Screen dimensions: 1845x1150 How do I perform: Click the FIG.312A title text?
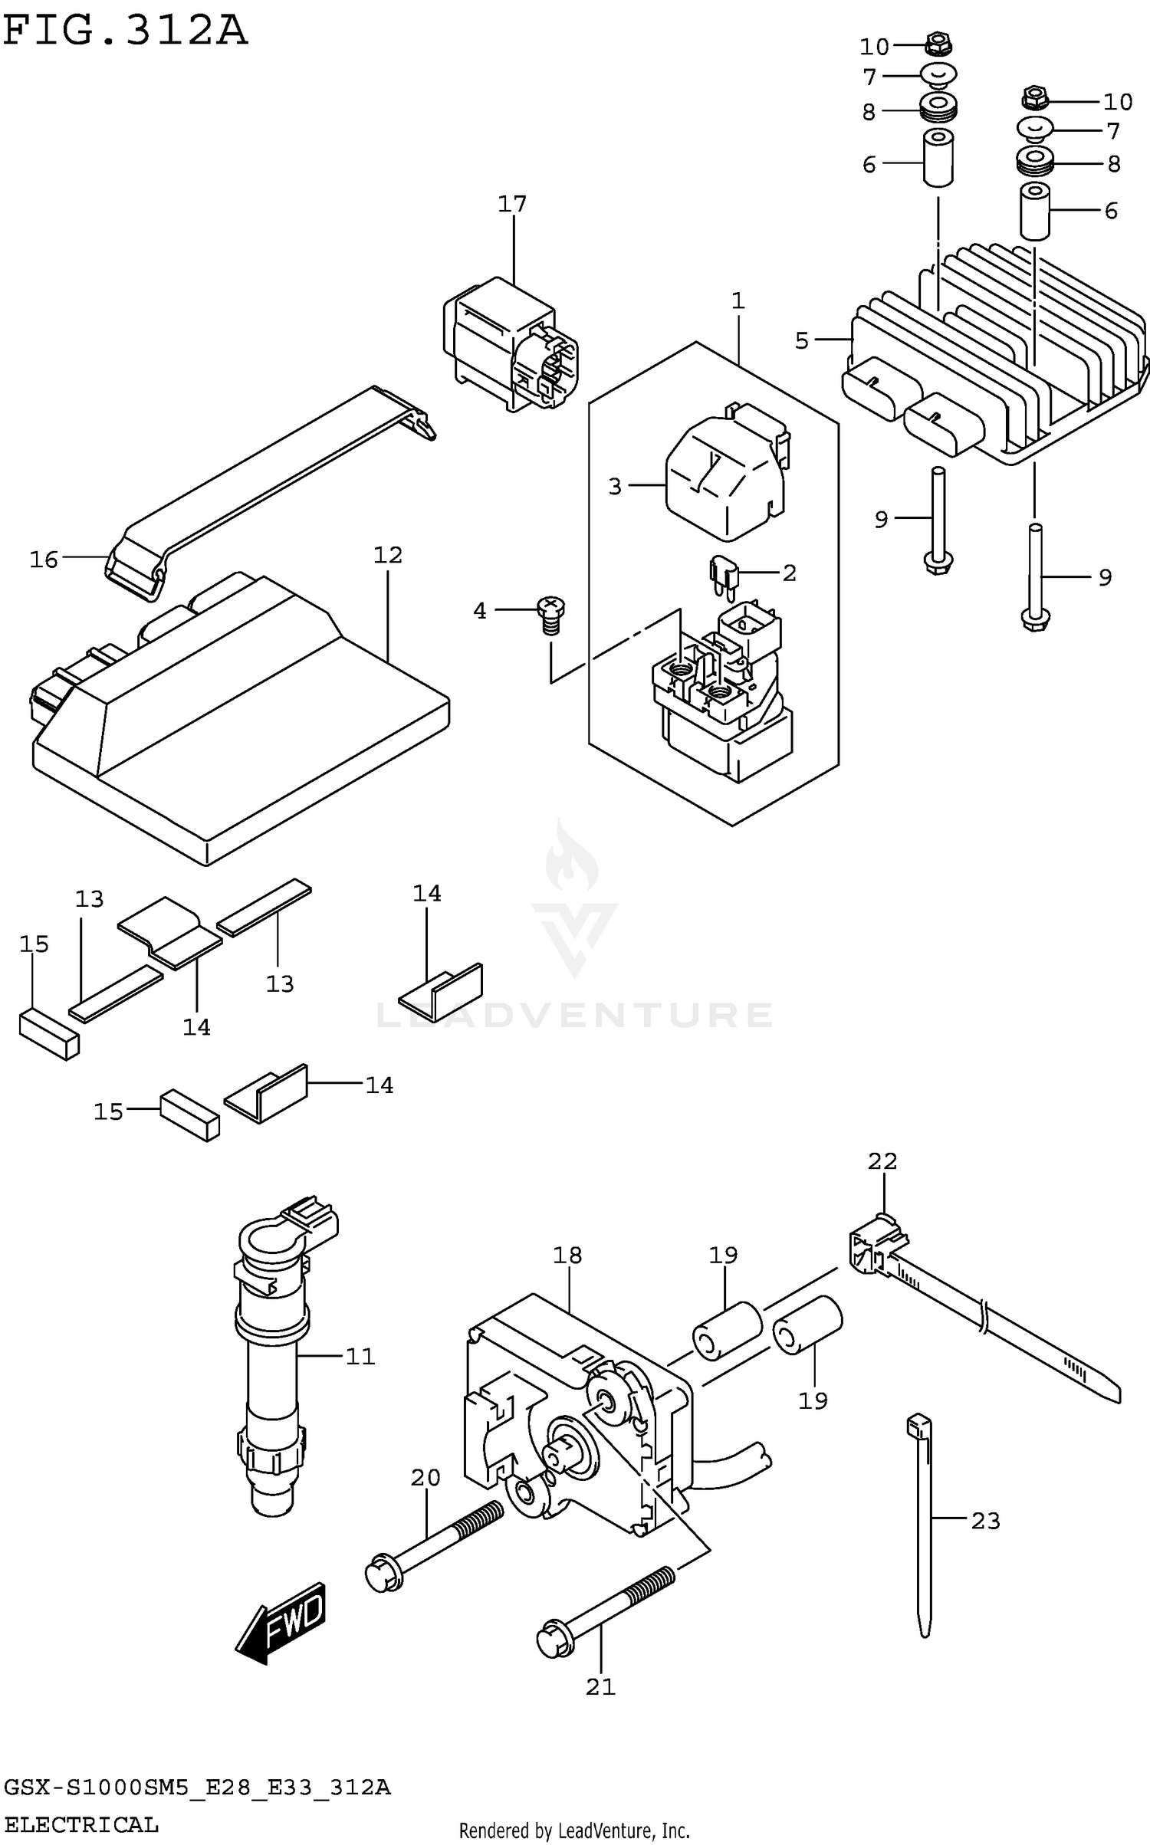click(125, 31)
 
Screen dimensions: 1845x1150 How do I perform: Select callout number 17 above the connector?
click(512, 204)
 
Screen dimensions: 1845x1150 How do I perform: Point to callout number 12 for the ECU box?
click(388, 555)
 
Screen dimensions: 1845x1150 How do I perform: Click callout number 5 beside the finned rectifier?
click(802, 340)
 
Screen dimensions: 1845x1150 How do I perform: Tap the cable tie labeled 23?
click(922, 1525)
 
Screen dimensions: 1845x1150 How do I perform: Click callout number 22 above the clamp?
click(882, 1161)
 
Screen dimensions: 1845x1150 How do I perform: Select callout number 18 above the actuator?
click(567, 1256)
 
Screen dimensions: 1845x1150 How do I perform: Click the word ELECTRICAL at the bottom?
click(81, 1824)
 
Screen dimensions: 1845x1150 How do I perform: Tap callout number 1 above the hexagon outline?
click(738, 300)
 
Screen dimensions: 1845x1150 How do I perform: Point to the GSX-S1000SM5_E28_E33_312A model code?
click(197, 1788)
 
